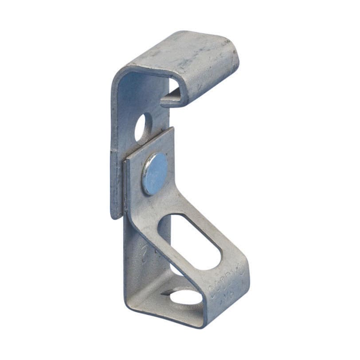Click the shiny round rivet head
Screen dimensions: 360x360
(155, 173)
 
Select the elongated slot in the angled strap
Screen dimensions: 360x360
(189, 241)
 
